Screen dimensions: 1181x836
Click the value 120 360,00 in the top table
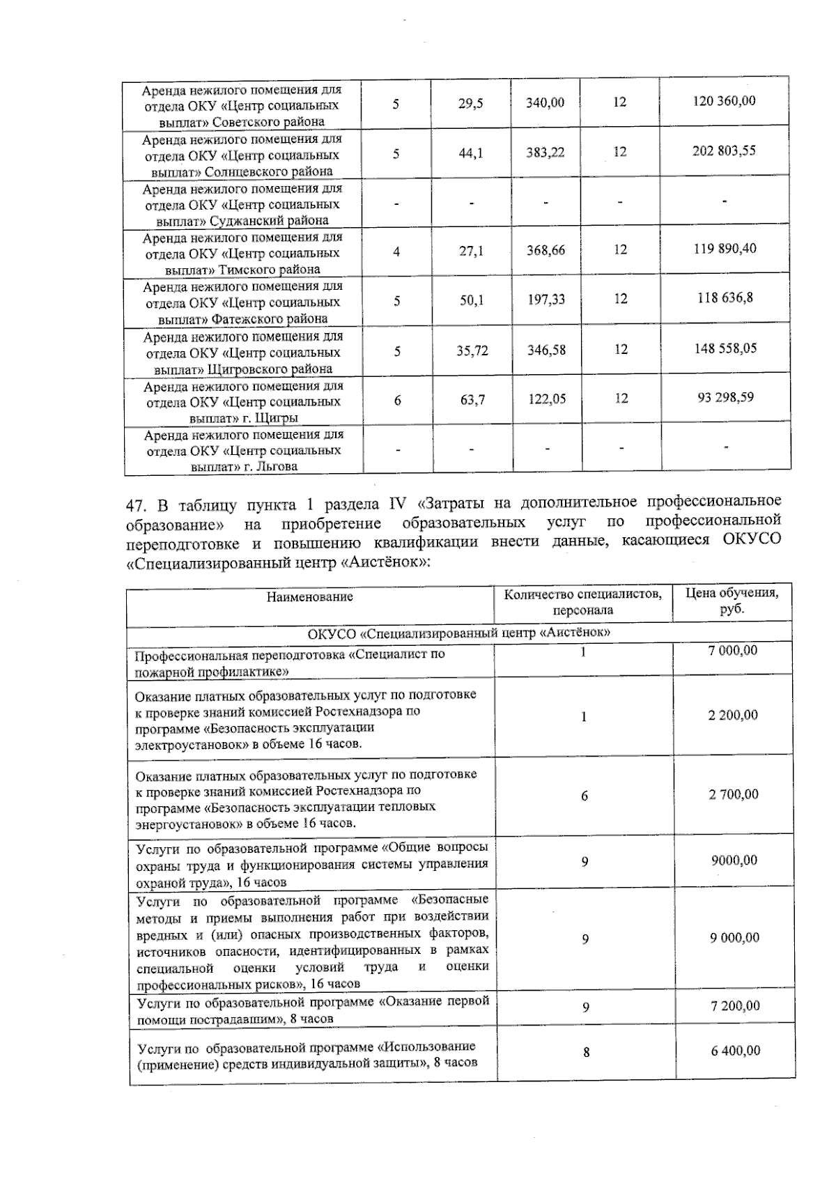coord(725,101)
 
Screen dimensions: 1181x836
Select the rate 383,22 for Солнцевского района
coord(545,152)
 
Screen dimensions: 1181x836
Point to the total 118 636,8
coord(725,298)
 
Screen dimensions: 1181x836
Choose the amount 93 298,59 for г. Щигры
coord(725,398)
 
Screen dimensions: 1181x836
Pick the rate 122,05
coord(546,399)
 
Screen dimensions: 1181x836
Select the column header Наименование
coord(309,597)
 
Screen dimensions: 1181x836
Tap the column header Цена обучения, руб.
coord(732,601)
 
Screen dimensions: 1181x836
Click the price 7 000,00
coord(733,651)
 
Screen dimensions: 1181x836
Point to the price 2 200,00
coord(733,716)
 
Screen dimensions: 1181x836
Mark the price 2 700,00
coord(734,795)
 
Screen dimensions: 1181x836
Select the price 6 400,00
coord(735,1051)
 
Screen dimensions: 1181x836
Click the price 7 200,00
coord(735,1006)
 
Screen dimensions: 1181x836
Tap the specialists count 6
coord(585,796)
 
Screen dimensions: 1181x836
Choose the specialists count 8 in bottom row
coord(586,1052)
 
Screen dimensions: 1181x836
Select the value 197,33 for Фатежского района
coord(546,300)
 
